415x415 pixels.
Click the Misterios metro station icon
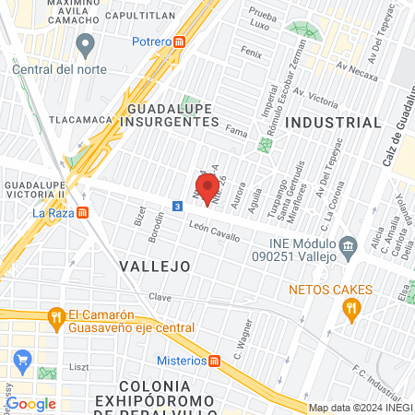click(215, 360)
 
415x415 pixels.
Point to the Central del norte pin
click(86, 43)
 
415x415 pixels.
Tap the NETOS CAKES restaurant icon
click(351, 310)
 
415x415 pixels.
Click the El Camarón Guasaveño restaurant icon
click(56, 316)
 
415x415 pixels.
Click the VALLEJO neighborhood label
click(155, 266)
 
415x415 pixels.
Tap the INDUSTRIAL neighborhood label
click(334, 122)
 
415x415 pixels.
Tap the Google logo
click(30, 403)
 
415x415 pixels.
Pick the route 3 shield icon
click(175, 206)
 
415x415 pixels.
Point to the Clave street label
click(160, 298)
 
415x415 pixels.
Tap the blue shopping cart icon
click(21, 359)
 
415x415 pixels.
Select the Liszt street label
click(78, 367)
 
